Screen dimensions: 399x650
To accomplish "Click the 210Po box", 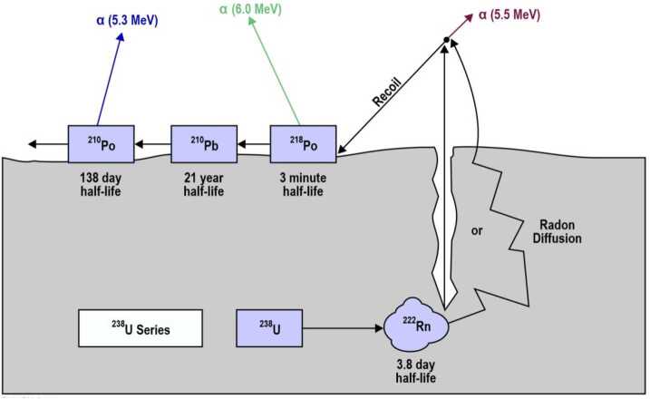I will [101, 143].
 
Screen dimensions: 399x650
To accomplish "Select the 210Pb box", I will [203, 143].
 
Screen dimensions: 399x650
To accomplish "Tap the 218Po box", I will [303, 143].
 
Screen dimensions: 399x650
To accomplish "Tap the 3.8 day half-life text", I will [414, 369].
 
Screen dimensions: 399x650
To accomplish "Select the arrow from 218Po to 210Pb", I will [253, 143].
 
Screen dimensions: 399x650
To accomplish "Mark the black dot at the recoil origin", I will [445, 39].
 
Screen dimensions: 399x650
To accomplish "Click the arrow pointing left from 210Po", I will [46, 143].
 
